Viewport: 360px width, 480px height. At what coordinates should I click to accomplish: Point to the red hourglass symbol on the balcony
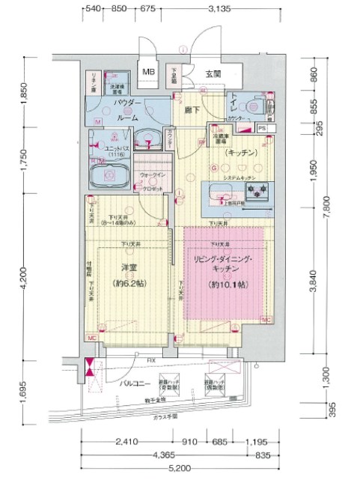(x=91, y=369)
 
